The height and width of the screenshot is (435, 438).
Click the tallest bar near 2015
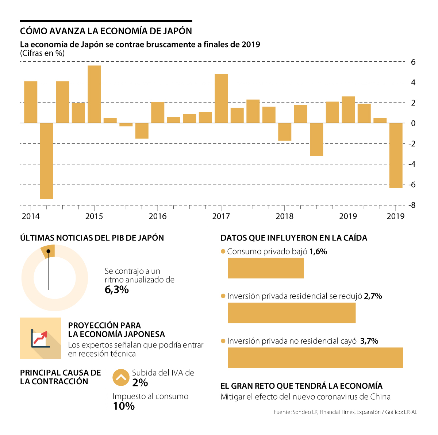click(x=94, y=94)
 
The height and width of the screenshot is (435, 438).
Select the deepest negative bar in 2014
click(x=46, y=161)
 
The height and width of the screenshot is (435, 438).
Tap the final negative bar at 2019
click(x=396, y=155)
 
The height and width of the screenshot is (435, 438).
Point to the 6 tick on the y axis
click(x=413, y=62)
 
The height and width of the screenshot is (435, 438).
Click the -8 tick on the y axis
click(x=412, y=205)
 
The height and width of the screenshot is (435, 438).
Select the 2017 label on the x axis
click(x=221, y=216)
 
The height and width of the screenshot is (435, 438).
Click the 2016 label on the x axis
click(x=157, y=216)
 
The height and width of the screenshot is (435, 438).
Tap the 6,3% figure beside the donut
click(x=116, y=290)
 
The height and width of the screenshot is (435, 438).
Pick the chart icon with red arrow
click(x=41, y=338)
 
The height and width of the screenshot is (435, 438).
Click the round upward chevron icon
click(x=121, y=377)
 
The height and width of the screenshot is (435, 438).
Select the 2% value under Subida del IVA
click(x=140, y=382)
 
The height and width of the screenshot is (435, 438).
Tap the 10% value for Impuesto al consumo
click(x=124, y=406)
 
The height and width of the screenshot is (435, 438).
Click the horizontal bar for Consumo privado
click(x=266, y=268)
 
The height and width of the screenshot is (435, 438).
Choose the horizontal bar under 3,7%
click(x=315, y=358)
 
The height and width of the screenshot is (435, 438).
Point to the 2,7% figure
click(x=373, y=296)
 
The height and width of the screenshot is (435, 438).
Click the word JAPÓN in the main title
click(x=175, y=31)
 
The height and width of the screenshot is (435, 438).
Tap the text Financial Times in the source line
click(x=337, y=412)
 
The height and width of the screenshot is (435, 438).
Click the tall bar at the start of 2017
click(x=221, y=98)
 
